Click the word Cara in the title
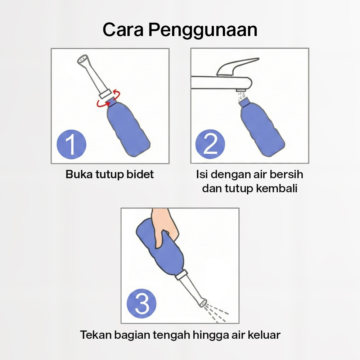123,30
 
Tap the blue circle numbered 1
71,144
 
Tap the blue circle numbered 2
210,144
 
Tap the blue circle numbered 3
141,303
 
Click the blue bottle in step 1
128,129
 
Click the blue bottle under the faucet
262,127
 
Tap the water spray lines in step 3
216,312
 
